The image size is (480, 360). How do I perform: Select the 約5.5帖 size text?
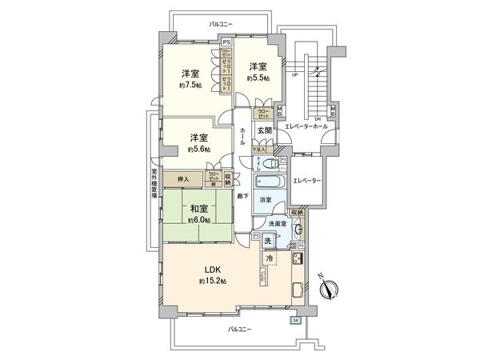258,78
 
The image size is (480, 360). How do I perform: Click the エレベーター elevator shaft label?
306,181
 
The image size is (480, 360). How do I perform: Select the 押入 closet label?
183,181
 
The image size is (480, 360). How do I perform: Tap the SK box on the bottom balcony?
294,320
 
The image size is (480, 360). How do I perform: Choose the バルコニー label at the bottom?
239,329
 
